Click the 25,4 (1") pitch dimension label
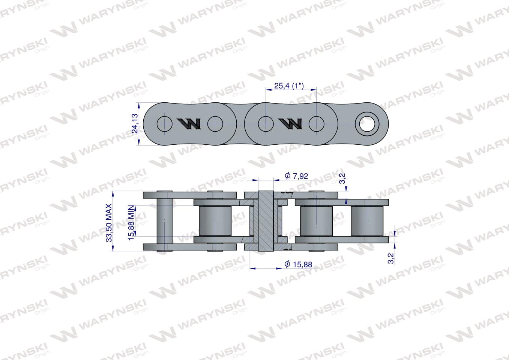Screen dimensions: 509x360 point(289,86)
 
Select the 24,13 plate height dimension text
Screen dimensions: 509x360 point(135,123)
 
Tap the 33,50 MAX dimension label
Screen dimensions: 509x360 point(109,223)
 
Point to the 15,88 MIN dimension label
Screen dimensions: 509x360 point(131,223)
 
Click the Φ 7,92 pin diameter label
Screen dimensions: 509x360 point(296,176)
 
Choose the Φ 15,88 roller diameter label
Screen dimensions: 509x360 point(298,264)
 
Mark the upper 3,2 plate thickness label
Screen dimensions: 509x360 point(343,178)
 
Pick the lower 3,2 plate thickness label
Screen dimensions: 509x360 point(390,258)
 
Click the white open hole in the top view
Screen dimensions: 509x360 point(367,124)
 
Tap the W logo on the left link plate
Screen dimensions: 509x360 point(189,124)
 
